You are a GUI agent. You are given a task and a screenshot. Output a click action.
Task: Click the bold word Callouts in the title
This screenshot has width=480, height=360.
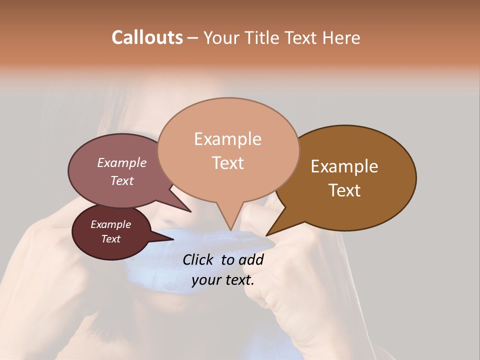click(147, 37)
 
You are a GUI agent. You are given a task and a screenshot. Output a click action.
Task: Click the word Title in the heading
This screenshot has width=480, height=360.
click(264, 37)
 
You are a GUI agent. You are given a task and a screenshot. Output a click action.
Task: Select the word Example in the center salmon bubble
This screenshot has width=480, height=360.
click(227, 139)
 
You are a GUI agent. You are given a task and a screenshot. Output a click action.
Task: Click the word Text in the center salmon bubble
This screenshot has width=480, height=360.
click(227, 163)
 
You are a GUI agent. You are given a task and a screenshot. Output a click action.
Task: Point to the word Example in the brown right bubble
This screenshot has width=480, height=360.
click(344, 166)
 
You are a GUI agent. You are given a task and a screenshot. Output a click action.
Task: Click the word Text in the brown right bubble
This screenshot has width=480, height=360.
click(344, 190)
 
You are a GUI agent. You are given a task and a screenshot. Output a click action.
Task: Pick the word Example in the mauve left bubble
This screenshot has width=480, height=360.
click(121, 162)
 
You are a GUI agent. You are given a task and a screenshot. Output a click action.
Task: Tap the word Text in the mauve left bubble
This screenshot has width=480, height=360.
click(121, 180)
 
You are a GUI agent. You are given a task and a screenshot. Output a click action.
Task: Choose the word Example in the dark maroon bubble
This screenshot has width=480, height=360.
click(110, 224)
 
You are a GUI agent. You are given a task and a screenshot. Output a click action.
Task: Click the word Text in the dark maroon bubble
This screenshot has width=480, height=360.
click(110, 239)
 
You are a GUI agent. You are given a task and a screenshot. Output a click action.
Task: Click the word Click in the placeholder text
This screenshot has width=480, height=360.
click(199, 259)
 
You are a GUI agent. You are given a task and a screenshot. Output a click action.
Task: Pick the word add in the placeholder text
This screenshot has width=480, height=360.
click(251, 259)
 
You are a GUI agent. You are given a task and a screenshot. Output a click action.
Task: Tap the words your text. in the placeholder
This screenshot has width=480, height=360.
click(222, 280)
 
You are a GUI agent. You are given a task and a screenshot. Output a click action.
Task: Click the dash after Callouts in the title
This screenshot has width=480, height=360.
click(193, 37)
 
